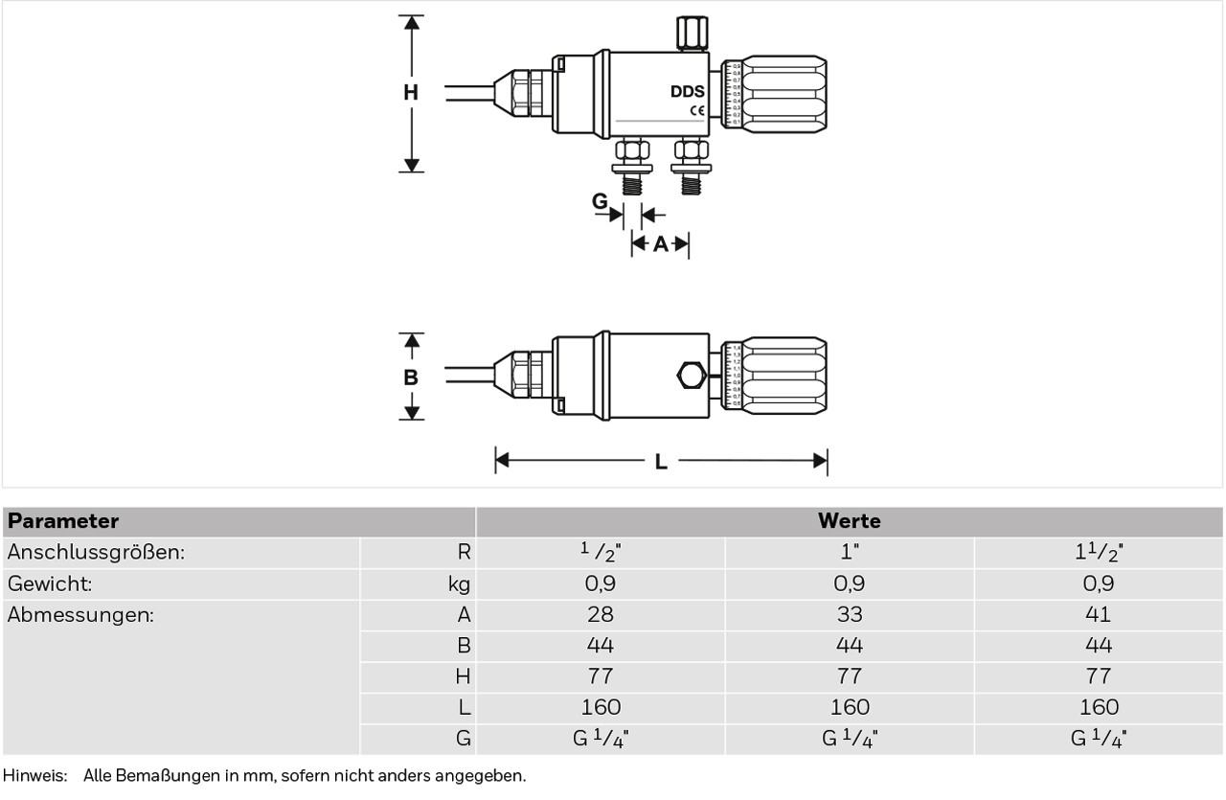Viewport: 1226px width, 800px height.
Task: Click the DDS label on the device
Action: (x=688, y=92)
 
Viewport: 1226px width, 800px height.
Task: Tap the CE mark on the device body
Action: (x=696, y=111)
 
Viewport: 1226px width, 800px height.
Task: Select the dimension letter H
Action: (x=410, y=93)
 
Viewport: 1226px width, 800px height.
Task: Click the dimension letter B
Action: (x=410, y=377)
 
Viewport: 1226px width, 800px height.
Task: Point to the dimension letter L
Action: (x=661, y=462)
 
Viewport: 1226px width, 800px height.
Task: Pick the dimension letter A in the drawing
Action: (x=660, y=244)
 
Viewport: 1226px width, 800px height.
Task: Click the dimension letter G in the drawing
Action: (x=600, y=201)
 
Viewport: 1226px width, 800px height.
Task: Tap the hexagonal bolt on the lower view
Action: (x=688, y=375)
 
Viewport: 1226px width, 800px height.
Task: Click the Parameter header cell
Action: (x=63, y=521)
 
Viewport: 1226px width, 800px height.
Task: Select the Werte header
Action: (x=849, y=521)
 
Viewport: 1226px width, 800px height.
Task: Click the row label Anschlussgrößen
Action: (x=96, y=553)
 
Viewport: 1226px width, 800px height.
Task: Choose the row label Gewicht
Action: (x=50, y=583)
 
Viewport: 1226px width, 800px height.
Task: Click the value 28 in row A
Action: (x=601, y=614)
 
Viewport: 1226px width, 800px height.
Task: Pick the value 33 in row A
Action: (x=850, y=614)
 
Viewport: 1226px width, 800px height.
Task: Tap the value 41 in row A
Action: (x=1099, y=614)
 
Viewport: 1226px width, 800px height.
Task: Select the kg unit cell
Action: (x=459, y=583)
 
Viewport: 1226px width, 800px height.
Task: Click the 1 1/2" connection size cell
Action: (x=1099, y=553)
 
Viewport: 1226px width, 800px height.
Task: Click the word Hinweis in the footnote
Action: (x=33, y=776)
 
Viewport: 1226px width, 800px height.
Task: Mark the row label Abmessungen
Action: (x=80, y=614)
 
